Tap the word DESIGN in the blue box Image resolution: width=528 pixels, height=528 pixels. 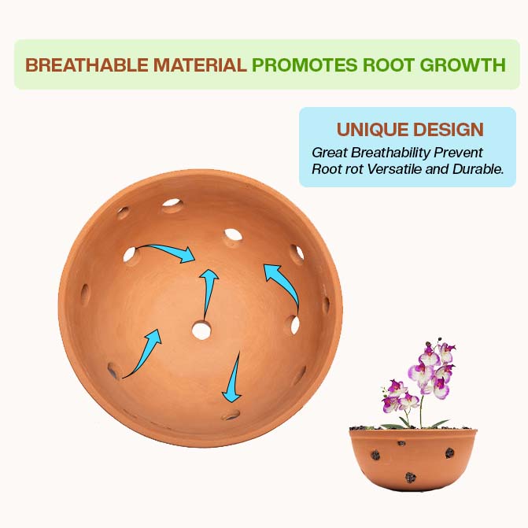point(450,130)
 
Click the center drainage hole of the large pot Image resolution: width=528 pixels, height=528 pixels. point(201,330)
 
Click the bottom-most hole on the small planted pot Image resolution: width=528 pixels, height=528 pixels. point(410,477)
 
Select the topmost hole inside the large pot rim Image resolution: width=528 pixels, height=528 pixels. point(172,205)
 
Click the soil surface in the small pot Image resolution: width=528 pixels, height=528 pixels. point(413,429)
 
